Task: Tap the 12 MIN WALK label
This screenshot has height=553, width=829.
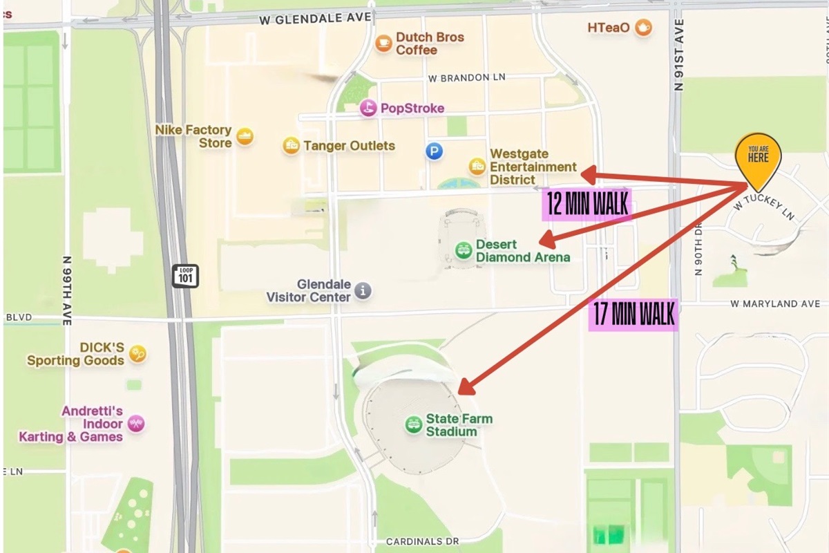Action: point(587,205)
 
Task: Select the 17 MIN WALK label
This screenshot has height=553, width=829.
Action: point(633,315)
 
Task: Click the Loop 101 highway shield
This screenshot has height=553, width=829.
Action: point(185,276)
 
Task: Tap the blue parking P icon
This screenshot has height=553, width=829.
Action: point(434,151)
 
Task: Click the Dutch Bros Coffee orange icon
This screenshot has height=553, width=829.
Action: point(383,44)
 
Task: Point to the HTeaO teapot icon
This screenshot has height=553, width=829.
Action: point(643,28)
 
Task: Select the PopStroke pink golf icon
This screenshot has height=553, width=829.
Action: point(369,108)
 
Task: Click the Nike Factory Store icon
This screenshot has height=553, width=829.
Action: point(244,136)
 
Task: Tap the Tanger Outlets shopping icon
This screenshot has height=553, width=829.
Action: point(292,145)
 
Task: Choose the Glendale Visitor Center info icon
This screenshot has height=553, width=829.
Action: point(363,290)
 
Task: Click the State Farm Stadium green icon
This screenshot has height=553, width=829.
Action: point(413,424)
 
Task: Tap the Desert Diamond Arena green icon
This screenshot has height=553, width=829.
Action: point(464,250)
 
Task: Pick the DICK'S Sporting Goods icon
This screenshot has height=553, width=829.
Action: point(137,354)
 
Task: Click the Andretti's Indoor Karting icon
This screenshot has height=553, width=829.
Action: point(136,424)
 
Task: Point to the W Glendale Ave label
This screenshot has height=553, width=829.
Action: point(315,19)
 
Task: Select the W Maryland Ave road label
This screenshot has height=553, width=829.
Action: point(775,304)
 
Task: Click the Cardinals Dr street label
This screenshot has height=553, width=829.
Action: point(422,541)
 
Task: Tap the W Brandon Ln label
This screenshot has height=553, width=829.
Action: point(467,78)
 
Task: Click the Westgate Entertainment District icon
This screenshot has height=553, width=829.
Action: point(477,166)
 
